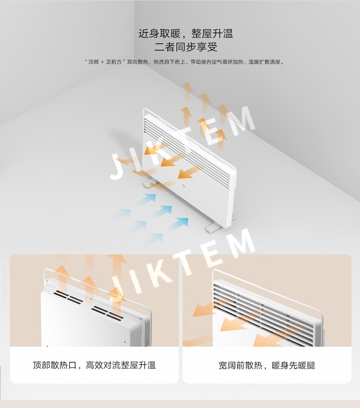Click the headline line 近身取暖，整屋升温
click(186, 34)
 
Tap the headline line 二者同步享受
click(186, 47)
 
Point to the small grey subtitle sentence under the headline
click(185, 62)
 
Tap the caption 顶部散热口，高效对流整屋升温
click(94, 365)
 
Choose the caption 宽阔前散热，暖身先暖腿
click(267, 365)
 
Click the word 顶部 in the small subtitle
click(94, 62)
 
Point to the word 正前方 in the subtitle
click(114, 62)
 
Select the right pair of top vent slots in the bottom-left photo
click(107, 312)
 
